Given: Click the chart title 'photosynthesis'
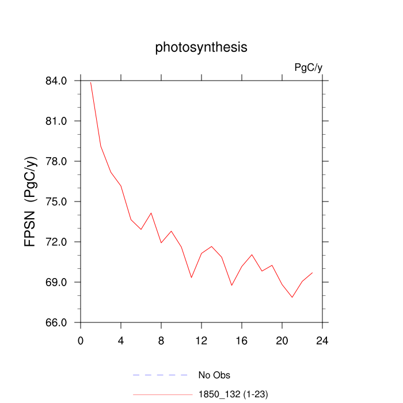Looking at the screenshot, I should pyautogui.click(x=201, y=47).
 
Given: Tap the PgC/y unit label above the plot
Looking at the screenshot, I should pyautogui.click(x=308, y=68).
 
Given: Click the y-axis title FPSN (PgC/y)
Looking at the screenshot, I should pyautogui.click(x=31, y=201).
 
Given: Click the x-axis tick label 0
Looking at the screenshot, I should pyautogui.click(x=81, y=340).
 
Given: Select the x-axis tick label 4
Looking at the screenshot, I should pyautogui.click(x=121, y=340).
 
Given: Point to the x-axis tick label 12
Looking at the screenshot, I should pyautogui.click(x=201, y=340).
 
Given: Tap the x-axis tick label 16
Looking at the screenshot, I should pyautogui.click(x=242, y=340).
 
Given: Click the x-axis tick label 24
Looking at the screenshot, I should pyautogui.click(x=322, y=340).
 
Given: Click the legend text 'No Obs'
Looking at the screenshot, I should pyautogui.click(x=214, y=375).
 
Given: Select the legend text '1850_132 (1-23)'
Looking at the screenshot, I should pyautogui.click(x=233, y=394).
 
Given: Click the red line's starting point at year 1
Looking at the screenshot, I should pyautogui.click(x=91, y=82).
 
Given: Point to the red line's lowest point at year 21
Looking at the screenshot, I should pyautogui.click(x=292, y=297).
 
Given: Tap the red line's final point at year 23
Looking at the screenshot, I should pyautogui.click(x=312, y=272).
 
